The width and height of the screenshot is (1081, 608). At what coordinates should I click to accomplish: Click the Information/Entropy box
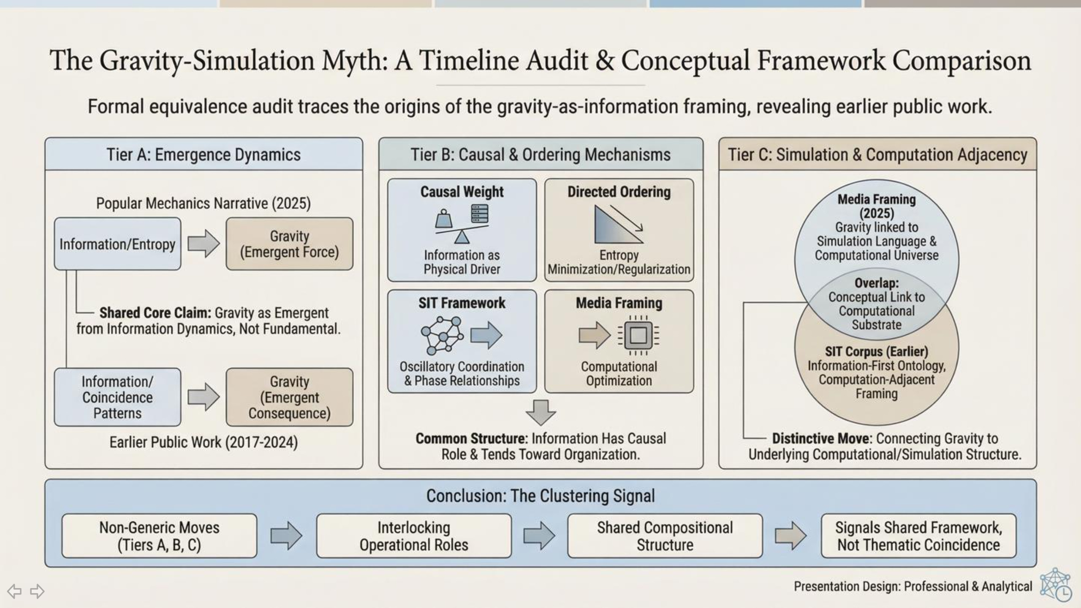tap(117, 244)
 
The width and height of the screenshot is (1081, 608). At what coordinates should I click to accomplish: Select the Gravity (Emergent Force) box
tap(289, 244)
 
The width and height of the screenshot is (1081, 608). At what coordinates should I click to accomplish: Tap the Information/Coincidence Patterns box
tap(117, 397)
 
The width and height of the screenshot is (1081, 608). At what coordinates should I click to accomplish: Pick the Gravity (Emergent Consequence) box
tap(289, 397)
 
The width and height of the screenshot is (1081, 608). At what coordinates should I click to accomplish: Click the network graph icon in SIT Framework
tap(442, 336)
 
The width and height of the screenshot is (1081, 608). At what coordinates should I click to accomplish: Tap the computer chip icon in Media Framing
tap(638, 336)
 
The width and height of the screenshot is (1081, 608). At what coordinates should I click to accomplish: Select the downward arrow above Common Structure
tap(540, 412)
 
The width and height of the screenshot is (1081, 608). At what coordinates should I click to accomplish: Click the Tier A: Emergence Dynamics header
tap(204, 155)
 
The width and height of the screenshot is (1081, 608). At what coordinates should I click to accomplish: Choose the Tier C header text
tap(877, 155)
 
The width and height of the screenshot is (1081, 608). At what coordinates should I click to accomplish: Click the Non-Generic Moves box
tap(159, 536)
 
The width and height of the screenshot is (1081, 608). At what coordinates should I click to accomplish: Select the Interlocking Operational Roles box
tap(414, 536)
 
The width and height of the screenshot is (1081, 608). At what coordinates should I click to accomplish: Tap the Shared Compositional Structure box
tap(665, 536)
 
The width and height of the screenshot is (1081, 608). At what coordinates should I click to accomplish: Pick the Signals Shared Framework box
tap(918, 536)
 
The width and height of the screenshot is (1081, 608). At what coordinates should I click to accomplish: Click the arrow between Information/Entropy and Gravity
tap(204, 244)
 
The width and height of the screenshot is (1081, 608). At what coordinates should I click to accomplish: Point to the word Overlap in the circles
tap(877, 283)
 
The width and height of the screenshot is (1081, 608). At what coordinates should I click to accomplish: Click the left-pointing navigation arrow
tap(14, 591)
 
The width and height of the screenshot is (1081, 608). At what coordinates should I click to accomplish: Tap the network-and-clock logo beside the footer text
tap(1055, 584)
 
